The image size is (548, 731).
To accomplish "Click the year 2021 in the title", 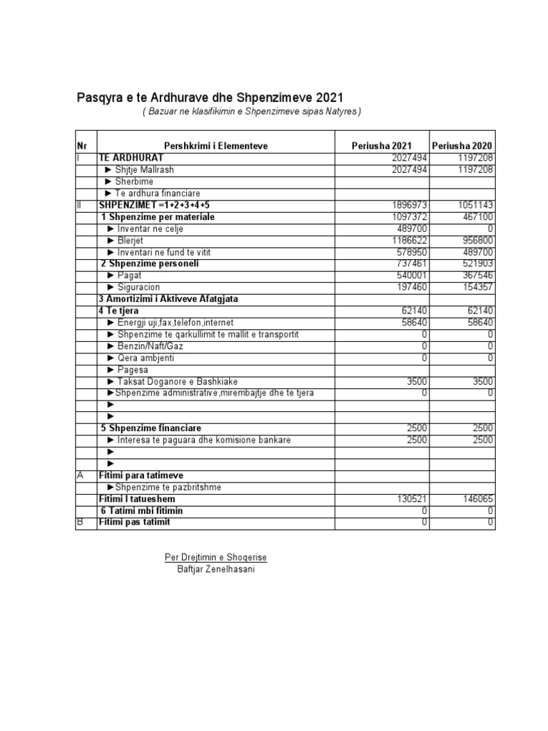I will [x=327, y=97].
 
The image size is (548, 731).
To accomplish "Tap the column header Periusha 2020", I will [x=462, y=146].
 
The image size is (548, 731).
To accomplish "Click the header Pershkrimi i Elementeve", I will [x=215, y=146].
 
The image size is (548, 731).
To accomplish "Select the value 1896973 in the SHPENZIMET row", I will [x=407, y=205].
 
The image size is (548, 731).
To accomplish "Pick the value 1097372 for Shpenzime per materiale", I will [x=407, y=216].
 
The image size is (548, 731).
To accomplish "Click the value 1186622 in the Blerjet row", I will [x=407, y=241].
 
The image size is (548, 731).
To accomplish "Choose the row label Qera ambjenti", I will [x=141, y=358].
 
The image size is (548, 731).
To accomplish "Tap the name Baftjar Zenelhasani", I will [x=216, y=568].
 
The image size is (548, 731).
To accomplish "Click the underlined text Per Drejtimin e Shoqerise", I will [x=216, y=557].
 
